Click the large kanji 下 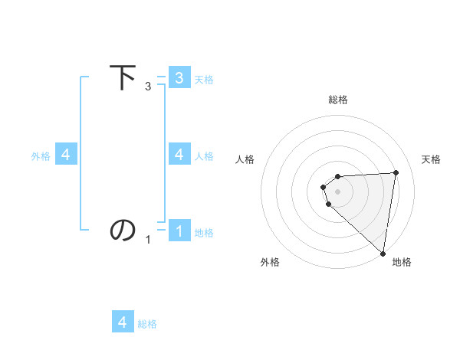[123, 78]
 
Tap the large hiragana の [123, 229]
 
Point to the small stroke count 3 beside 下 [148, 87]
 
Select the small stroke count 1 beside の [148, 240]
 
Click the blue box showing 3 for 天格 [179, 78]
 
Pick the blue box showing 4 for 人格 [179, 155]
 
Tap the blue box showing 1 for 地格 [179, 231]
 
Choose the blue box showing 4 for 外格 [66, 155]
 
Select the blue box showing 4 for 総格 [123, 322]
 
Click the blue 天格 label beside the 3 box [204, 79]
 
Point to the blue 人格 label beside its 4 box [204, 155]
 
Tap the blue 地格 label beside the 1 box [204, 232]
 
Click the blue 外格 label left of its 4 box [41, 155]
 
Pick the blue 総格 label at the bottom [147, 324]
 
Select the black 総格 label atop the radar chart [338, 100]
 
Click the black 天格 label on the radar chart [431, 159]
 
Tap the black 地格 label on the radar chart [402, 262]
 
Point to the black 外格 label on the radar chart [270, 262]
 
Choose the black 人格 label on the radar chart [245, 159]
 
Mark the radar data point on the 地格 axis [383, 253]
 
